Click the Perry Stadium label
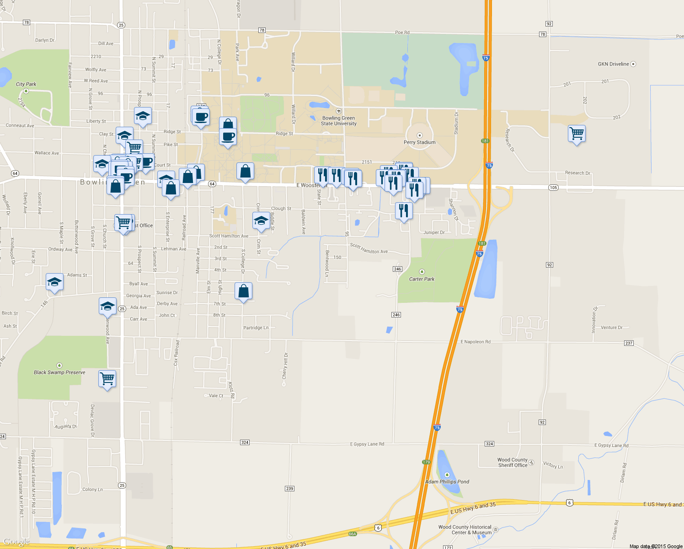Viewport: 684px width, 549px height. coord(419,142)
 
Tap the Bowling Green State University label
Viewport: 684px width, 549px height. coord(338,121)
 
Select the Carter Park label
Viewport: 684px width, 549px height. coord(422,279)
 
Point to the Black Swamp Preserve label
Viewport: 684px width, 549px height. coord(59,372)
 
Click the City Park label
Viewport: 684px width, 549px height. coord(26,84)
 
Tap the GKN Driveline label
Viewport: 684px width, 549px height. coord(613,64)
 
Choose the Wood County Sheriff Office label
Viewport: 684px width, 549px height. coord(513,463)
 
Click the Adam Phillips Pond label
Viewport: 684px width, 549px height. coord(447,482)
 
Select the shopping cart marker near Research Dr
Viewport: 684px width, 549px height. coord(577,134)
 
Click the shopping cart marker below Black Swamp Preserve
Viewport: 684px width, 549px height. coord(107,378)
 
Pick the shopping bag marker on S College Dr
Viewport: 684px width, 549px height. coord(244,291)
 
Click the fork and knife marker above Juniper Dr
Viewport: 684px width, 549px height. coord(404,211)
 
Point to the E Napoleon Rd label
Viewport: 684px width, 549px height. coord(476,342)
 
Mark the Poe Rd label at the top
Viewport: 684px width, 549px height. coord(402,32)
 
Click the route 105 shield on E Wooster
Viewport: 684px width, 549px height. coord(553,188)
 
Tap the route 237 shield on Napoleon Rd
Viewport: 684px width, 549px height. coord(629,343)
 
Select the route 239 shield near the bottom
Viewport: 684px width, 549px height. coord(289,489)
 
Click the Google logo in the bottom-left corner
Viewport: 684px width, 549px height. coord(16,542)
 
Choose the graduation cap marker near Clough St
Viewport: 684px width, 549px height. coord(261,221)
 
